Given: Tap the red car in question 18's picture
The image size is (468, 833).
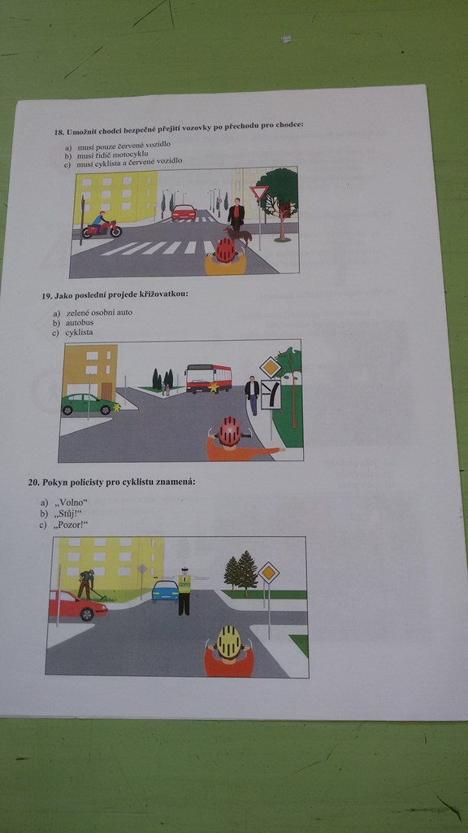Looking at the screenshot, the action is [x=183, y=212].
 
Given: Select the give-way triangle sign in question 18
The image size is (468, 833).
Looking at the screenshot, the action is [x=258, y=193].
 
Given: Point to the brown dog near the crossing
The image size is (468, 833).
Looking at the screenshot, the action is [x=237, y=234].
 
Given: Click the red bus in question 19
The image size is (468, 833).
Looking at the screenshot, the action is [x=208, y=378].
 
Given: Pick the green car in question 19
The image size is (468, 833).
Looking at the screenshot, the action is [x=89, y=404].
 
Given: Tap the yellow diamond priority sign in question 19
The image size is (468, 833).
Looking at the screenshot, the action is [x=270, y=368].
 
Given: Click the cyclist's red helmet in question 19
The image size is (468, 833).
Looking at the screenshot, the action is [x=230, y=431].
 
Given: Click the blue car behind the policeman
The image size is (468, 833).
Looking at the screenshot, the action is [x=165, y=591].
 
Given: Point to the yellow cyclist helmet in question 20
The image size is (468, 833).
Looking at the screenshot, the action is [x=230, y=642].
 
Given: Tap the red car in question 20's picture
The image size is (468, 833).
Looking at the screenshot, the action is [x=77, y=605].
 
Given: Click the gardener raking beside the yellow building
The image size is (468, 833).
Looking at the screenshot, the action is [x=86, y=584].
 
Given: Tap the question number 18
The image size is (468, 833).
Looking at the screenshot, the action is [x=58, y=132].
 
